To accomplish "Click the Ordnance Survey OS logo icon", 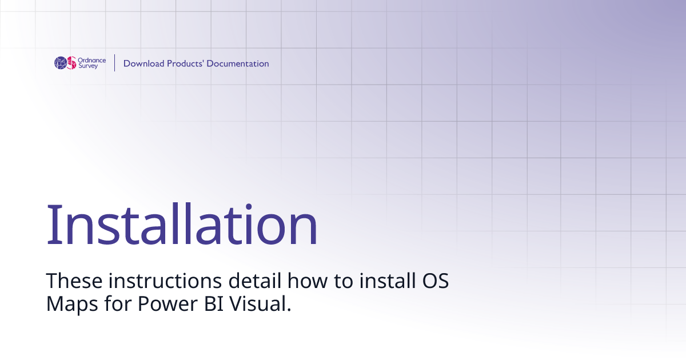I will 65,63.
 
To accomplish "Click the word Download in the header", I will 143,63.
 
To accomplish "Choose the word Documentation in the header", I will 238,63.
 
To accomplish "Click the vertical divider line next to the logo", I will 115,63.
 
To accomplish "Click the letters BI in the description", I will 212,303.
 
